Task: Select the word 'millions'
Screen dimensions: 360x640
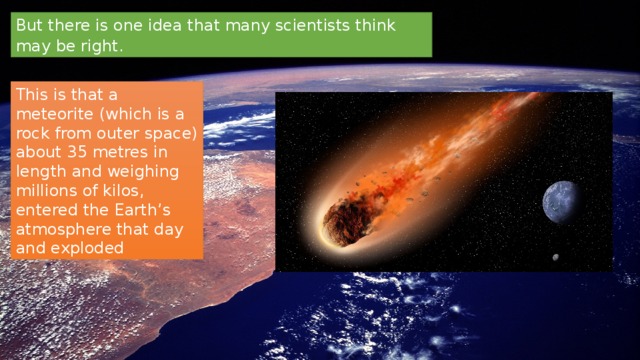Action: point(43,191)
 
